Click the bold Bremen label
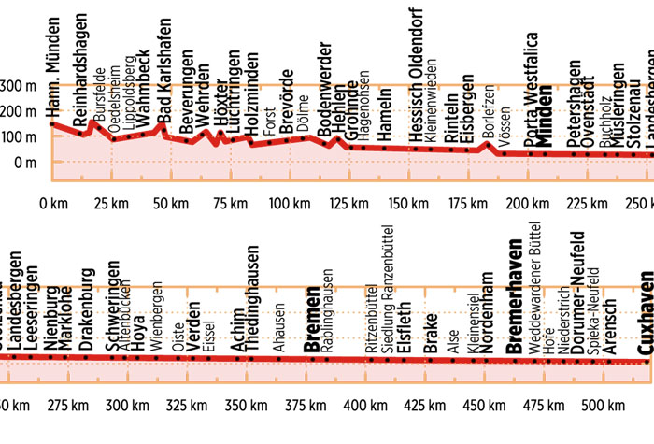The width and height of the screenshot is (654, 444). [312, 322]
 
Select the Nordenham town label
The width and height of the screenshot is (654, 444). [487, 314]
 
